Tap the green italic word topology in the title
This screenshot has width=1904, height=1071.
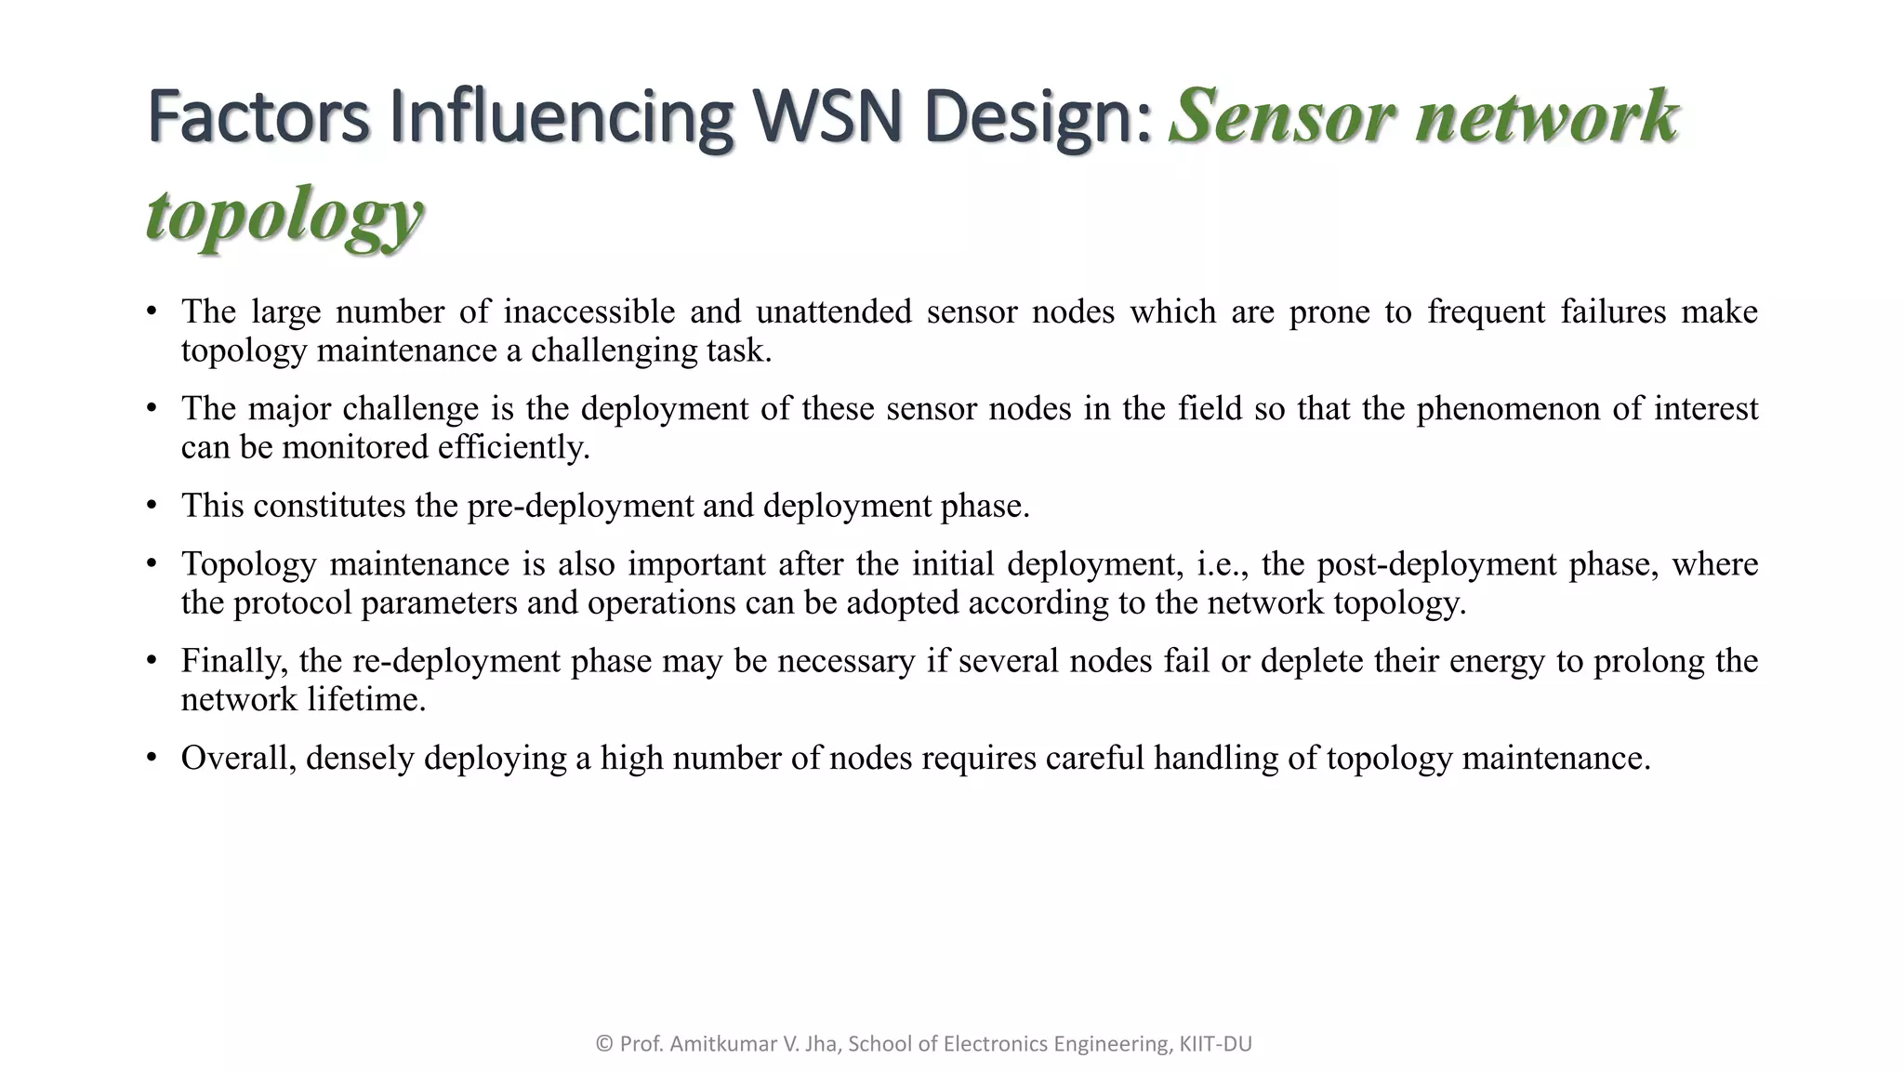coord(284,215)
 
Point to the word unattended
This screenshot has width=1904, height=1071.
coord(833,312)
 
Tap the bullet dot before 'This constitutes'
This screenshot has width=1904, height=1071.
coord(152,507)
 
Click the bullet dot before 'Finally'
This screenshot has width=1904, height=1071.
coord(152,662)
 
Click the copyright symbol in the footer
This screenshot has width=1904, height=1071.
coord(604,1044)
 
